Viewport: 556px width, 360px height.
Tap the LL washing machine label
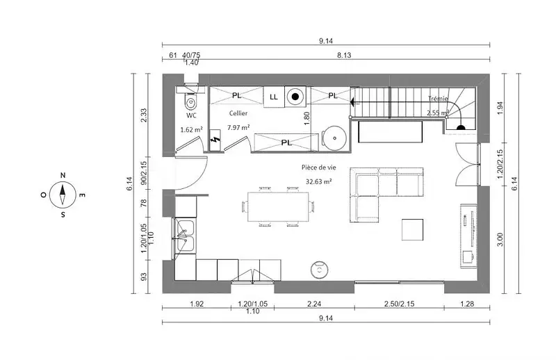tap(274, 97)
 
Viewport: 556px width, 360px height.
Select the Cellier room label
tap(238, 113)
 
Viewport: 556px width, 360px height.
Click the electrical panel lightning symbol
tap(214, 139)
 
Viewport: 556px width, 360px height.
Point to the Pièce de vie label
tap(319, 167)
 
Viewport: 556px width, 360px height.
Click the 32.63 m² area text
tap(319, 181)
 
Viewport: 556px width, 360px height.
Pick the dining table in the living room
tap(277, 206)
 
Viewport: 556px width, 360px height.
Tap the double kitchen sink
tap(184, 236)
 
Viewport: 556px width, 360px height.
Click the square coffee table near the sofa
tap(412, 229)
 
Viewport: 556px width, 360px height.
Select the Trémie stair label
tap(438, 99)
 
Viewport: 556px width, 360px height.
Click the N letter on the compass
tap(63, 175)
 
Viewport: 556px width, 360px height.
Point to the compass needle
tap(63, 195)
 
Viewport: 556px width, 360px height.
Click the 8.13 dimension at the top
tap(344, 55)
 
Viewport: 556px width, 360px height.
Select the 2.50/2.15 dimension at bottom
tap(399, 304)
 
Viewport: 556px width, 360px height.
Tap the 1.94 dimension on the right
tap(500, 108)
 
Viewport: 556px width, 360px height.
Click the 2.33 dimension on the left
tap(144, 115)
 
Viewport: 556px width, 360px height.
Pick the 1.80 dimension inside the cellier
tap(307, 118)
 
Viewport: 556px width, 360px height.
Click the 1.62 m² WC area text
tap(192, 130)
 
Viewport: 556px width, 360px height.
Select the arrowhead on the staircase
tap(352, 102)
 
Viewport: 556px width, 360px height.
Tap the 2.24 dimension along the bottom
tap(314, 304)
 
